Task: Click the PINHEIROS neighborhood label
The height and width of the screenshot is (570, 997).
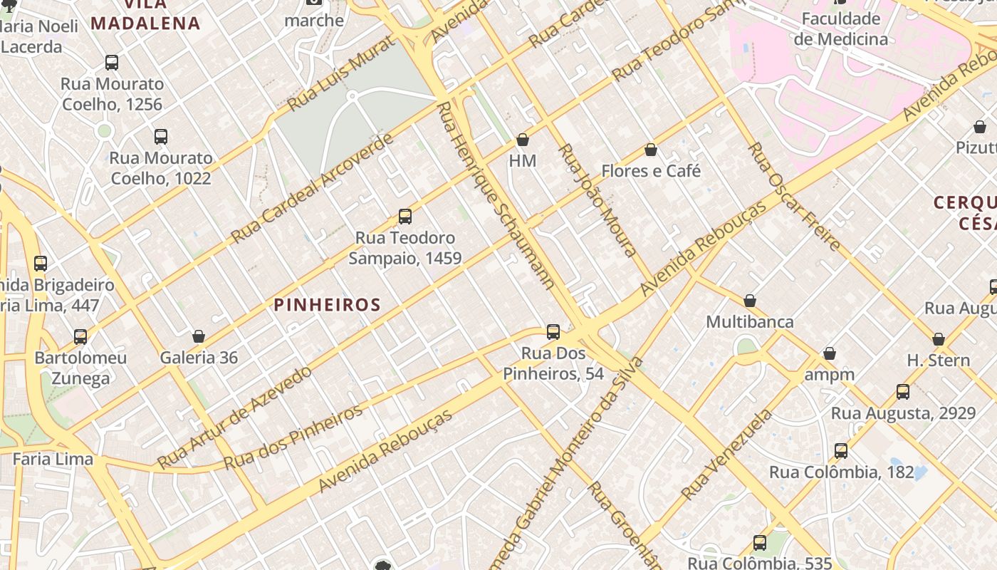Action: (x=327, y=305)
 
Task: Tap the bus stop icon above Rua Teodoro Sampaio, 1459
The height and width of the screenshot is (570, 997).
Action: (x=405, y=216)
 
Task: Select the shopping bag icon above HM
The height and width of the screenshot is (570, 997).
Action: (x=523, y=140)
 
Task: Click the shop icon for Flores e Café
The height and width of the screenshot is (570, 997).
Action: (x=650, y=150)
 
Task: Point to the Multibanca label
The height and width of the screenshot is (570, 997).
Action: (x=749, y=321)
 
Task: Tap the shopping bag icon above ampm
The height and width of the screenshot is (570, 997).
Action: (x=830, y=353)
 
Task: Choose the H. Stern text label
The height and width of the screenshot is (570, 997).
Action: (x=938, y=361)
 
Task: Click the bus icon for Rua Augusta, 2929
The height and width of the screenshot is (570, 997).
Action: (x=903, y=392)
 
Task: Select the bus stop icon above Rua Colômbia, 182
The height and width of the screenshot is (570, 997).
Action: (x=841, y=451)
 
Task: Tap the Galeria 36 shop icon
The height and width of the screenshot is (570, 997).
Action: (x=199, y=336)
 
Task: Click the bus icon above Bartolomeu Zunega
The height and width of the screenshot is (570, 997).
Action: (x=80, y=336)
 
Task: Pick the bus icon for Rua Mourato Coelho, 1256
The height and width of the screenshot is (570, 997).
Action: (x=112, y=63)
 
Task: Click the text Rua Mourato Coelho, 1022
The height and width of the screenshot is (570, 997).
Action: (x=160, y=168)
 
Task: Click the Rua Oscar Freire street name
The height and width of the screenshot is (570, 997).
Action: (x=794, y=196)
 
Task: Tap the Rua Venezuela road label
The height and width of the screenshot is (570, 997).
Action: (x=726, y=454)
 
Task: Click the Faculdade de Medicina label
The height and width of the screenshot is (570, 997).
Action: (x=841, y=28)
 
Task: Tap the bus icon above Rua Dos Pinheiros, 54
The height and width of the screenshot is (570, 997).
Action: (x=553, y=332)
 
